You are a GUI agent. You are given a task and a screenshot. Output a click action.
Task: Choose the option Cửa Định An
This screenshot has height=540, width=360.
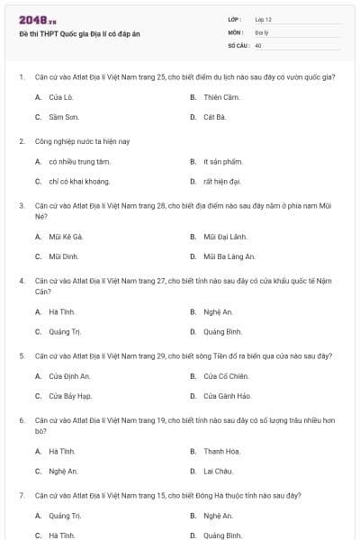click(69, 376)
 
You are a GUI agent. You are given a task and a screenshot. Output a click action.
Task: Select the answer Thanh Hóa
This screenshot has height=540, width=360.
click(220, 451)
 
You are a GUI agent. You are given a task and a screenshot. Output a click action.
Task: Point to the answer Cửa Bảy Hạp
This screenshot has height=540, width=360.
click(70, 396)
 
